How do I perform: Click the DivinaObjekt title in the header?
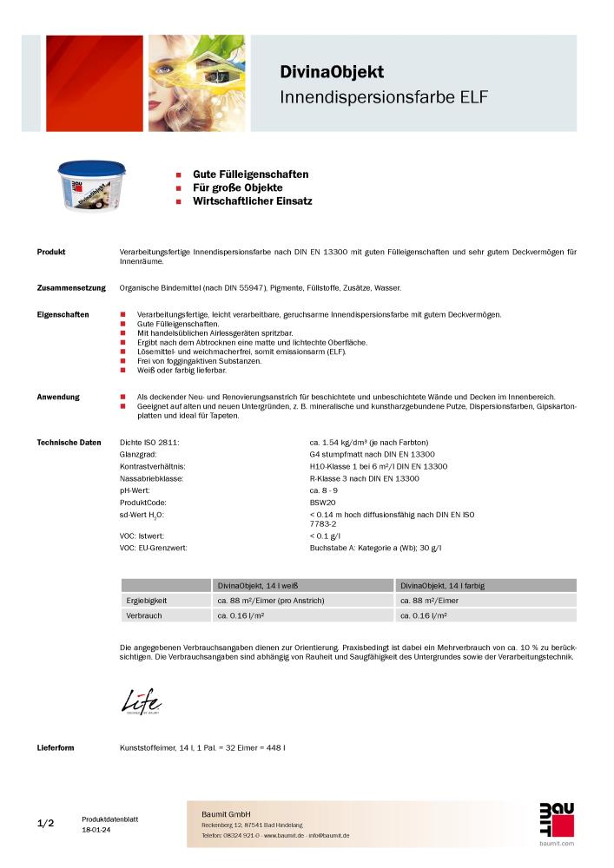click(x=331, y=72)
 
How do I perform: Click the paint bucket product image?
click(x=86, y=187)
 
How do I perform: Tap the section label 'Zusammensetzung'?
click(x=71, y=287)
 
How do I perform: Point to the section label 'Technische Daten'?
click(x=69, y=442)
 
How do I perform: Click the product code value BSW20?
click(x=323, y=503)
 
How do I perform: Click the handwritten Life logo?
click(x=141, y=700)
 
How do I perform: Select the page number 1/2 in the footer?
click(x=46, y=823)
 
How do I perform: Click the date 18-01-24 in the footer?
click(x=96, y=830)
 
